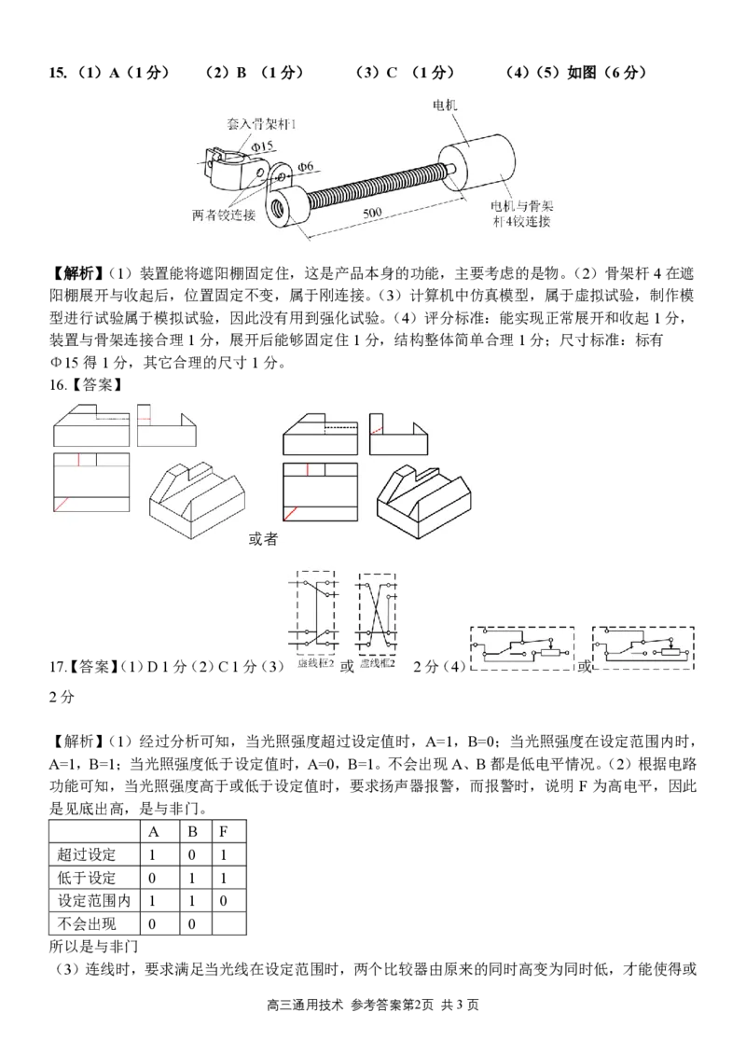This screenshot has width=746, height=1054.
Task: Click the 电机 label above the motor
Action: (444, 104)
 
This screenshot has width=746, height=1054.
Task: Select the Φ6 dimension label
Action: (305, 166)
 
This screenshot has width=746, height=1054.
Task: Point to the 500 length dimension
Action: (372, 214)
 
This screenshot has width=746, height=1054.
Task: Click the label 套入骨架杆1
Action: (261, 124)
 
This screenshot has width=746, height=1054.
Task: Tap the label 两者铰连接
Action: (224, 215)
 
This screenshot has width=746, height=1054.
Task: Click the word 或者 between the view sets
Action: (263, 539)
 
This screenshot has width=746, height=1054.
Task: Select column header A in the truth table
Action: (153, 832)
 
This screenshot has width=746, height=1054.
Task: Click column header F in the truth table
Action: (223, 832)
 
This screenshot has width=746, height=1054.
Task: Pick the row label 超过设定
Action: (87, 855)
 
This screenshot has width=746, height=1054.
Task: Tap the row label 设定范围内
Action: (94, 901)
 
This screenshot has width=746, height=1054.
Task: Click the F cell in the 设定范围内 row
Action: (223, 901)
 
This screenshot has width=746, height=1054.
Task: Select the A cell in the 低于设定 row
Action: (152, 878)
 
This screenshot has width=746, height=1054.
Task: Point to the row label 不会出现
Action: (87, 923)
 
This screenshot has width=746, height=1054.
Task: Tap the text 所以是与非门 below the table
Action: (93, 947)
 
